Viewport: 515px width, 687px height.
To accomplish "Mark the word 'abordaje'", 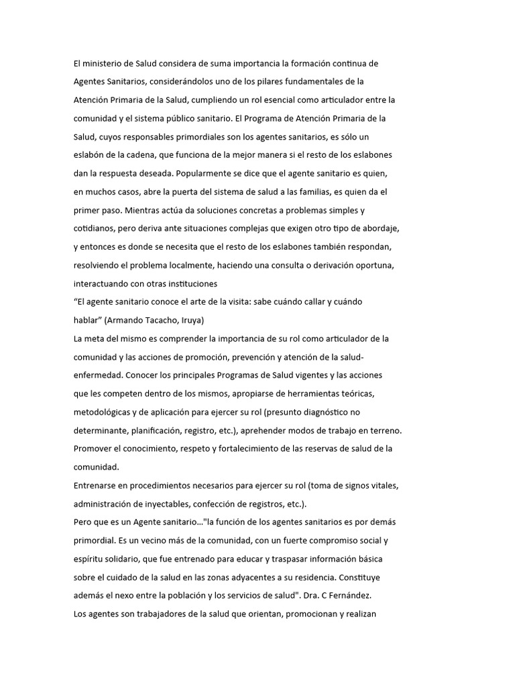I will (x=379, y=228).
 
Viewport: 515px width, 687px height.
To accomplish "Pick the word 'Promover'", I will (x=93, y=448).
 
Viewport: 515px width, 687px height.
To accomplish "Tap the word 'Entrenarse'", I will (x=96, y=485).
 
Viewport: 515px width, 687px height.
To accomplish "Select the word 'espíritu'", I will (x=89, y=558).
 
